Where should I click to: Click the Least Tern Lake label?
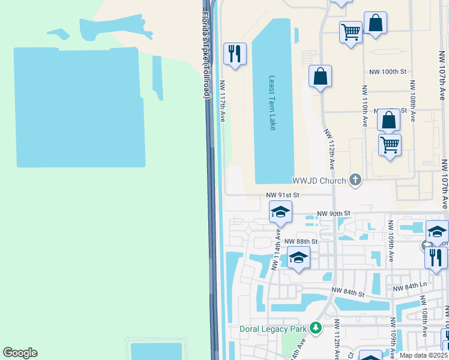(x=272, y=103)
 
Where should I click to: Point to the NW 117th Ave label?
(x=222, y=102)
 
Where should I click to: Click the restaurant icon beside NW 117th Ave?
(x=234, y=53)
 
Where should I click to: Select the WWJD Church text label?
(x=319, y=181)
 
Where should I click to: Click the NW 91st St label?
(x=283, y=196)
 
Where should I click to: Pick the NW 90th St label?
(x=333, y=214)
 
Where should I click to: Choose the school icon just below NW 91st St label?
(x=280, y=212)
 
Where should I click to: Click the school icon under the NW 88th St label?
(x=298, y=257)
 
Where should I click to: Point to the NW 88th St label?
(x=301, y=241)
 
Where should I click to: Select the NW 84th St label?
(x=349, y=293)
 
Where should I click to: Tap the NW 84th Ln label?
(x=408, y=289)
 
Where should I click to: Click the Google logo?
(x=20, y=353)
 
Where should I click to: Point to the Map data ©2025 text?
(x=423, y=355)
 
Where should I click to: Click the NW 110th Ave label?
(x=365, y=106)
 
